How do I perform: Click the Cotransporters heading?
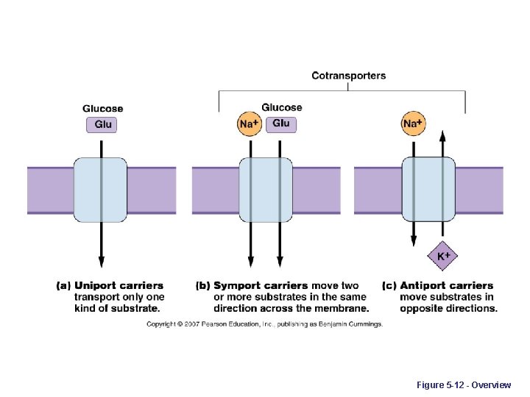coord(348,76)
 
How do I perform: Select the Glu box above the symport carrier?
coord(281,124)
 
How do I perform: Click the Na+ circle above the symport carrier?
coord(249,124)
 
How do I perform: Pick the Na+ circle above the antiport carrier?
coord(413,124)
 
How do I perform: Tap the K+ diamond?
coord(443,256)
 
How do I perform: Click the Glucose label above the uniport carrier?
coord(103,109)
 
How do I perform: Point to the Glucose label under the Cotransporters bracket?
coord(281,107)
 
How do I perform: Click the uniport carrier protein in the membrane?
coord(101,190)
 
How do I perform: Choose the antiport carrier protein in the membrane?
coord(428,190)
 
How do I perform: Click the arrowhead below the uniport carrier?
coord(102,262)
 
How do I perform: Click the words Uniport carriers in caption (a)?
coord(119,285)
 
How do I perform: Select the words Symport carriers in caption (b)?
coord(261,285)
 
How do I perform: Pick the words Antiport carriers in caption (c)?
coord(446,285)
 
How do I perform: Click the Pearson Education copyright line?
coord(264,324)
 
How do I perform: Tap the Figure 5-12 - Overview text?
coord(463,385)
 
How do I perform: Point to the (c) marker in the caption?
coord(389,285)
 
